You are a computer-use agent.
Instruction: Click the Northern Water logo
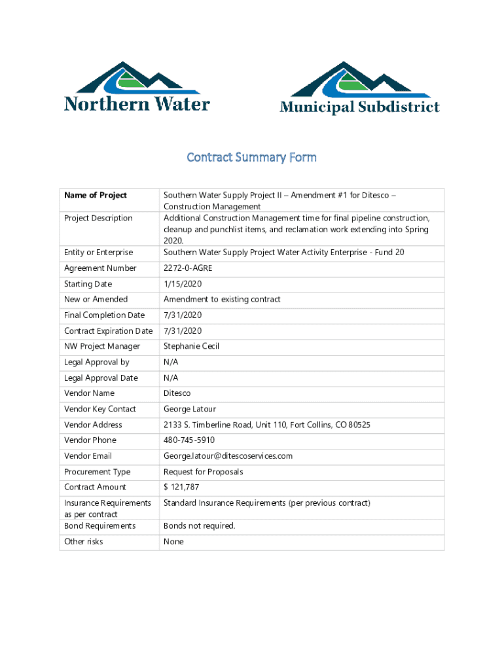[x=137, y=87]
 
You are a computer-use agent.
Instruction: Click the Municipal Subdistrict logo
[x=359, y=88]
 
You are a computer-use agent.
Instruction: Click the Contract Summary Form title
[x=252, y=157]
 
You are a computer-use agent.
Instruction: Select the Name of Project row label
[x=96, y=195]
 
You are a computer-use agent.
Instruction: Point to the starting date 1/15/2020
[x=183, y=284]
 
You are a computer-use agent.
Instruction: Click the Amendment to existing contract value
[x=222, y=299]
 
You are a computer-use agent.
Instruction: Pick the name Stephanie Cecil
[x=192, y=346]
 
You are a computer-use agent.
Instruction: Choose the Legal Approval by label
[x=97, y=362]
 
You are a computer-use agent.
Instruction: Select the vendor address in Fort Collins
[x=266, y=425]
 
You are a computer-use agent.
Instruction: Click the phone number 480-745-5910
[x=189, y=440]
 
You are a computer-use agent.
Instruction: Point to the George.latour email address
[x=228, y=456]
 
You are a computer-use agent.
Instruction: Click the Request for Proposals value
[x=204, y=472]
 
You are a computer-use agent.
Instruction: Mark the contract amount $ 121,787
[x=181, y=487]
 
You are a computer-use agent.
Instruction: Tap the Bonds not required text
[x=199, y=526]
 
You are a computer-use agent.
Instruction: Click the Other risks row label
[x=84, y=542]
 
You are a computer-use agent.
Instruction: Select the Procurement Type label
[x=98, y=472]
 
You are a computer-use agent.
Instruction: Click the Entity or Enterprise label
[x=98, y=252]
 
